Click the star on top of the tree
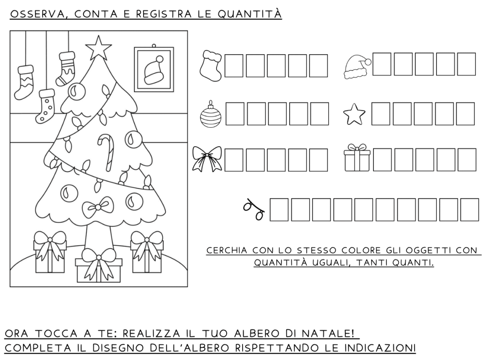pos(98,48)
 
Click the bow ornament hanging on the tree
pos(98,207)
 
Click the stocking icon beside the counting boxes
pos(211,66)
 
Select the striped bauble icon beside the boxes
pos(211,115)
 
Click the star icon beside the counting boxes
pos(354,114)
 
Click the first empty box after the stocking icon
pos(234,66)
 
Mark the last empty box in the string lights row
pos(470,210)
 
